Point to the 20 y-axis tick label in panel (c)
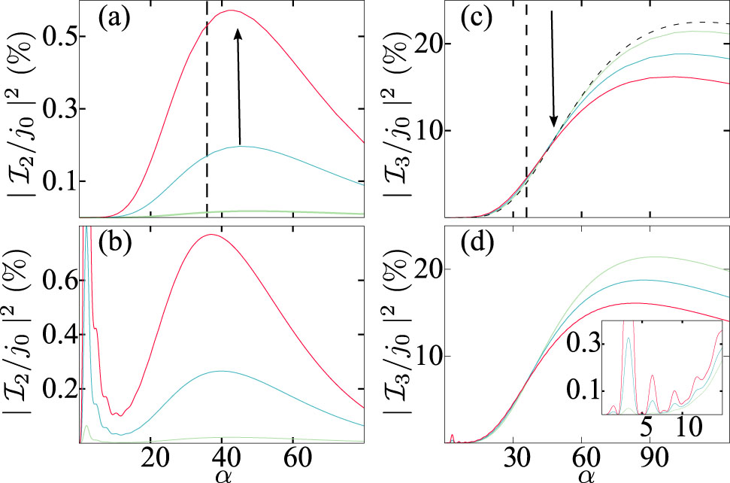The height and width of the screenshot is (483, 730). [419, 44]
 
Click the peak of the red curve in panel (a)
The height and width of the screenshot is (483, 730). [232, 11]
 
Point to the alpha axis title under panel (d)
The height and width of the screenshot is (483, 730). [584, 474]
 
